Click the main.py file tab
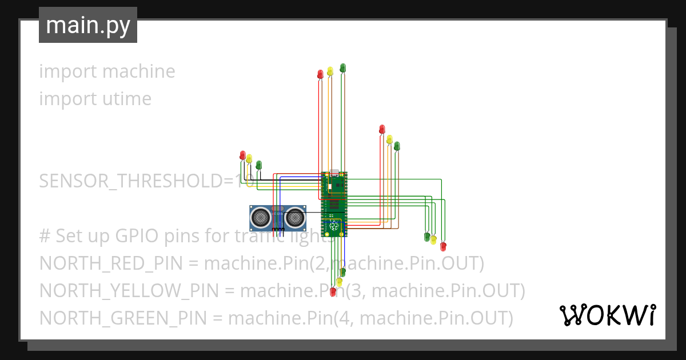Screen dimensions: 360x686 tap(88, 25)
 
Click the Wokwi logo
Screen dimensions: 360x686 tap(607, 315)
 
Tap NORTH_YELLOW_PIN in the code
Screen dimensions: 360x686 tap(129, 291)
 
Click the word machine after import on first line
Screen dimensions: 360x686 tap(139, 71)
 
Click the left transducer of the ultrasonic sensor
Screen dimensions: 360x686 tap(261, 217)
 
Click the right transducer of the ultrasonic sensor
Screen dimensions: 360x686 tap(295, 217)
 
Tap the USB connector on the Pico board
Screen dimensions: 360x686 tap(334, 173)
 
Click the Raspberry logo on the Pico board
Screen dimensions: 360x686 tap(334, 228)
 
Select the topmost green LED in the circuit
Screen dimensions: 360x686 tap(343, 68)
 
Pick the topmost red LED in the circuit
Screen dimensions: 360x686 tap(321, 74)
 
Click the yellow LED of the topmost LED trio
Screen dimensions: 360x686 tap(330, 71)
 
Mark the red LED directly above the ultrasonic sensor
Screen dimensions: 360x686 tap(242, 155)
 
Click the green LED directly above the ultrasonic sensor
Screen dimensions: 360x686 tap(258, 165)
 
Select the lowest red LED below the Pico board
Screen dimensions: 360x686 tap(333, 291)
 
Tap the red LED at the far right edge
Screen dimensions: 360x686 tap(443, 246)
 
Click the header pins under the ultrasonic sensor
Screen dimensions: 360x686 tap(278, 229)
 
